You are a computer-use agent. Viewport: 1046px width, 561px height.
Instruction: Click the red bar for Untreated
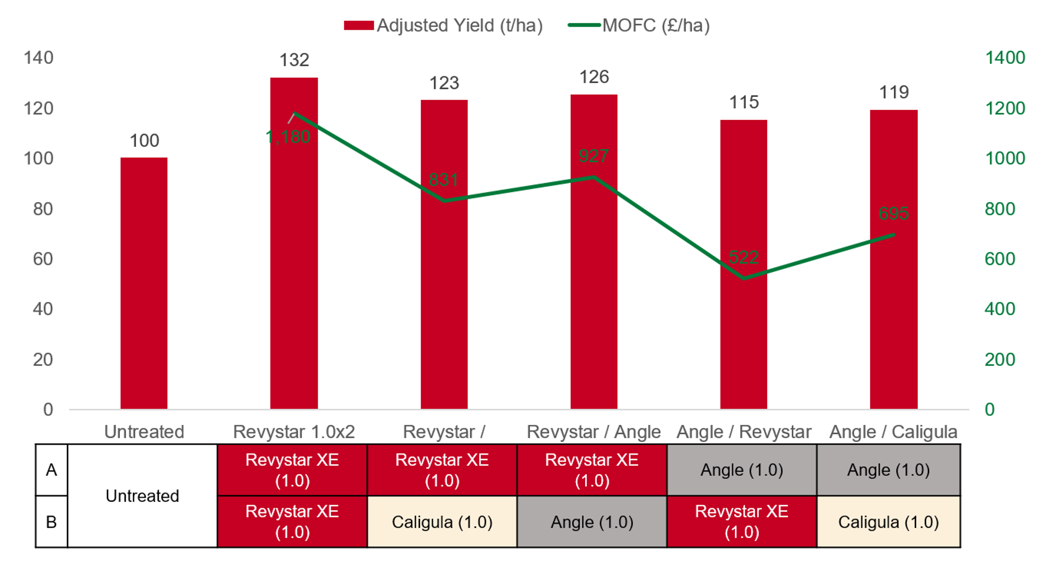[x=144, y=283]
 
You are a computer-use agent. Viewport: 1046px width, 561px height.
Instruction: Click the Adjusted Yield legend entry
[x=444, y=26]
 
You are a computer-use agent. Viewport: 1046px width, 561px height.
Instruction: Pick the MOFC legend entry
[x=639, y=26]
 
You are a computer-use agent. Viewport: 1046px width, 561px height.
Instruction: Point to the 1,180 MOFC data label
[x=288, y=137]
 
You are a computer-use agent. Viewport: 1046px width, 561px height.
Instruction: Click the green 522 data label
[x=743, y=257]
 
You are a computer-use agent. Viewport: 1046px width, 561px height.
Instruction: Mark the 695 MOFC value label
[x=893, y=214]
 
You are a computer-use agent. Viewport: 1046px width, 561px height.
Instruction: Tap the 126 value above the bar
[x=594, y=77]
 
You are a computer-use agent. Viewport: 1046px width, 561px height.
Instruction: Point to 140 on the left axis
[x=38, y=58]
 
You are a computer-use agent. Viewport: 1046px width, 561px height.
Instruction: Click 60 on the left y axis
[x=43, y=259]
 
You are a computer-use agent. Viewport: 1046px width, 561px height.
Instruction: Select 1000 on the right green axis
[x=1004, y=158]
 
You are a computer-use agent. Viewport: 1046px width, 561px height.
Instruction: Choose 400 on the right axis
[x=999, y=309]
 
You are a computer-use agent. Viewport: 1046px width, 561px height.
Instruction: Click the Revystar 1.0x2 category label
[x=294, y=432]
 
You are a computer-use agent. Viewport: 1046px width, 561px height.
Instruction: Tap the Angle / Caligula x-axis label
[x=893, y=432]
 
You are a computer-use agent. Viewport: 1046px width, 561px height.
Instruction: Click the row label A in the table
[x=51, y=470]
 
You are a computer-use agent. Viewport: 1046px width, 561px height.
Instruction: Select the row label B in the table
[x=51, y=522]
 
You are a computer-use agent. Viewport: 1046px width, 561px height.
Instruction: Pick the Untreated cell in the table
[x=142, y=496]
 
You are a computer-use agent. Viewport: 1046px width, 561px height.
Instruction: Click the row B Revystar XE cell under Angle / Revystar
[x=742, y=522]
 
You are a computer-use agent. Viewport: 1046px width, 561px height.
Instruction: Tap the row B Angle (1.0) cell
[x=592, y=522]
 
